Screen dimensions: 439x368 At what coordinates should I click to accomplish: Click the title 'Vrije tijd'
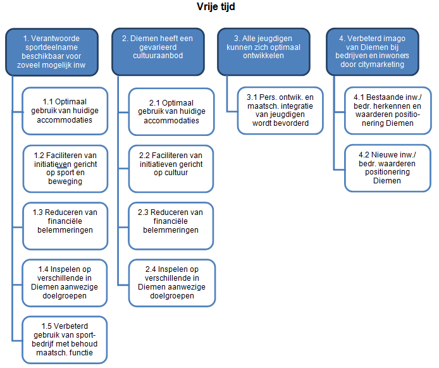tap(216, 7)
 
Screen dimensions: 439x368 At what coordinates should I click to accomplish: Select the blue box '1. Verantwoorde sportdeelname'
tap(52, 52)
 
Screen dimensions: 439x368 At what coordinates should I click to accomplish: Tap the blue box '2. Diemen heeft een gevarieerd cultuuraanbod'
tap(158, 52)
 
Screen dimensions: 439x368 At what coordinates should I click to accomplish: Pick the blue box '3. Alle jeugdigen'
tap(263, 52)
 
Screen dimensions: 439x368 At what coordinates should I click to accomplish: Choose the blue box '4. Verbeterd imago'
tap(373, 52)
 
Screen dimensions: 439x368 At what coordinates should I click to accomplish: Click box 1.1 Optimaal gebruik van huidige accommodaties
tap(65, 111)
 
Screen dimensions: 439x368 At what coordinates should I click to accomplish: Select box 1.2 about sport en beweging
tap(65, 169)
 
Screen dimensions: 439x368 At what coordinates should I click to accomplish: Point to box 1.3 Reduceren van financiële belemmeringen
tap(65, 226)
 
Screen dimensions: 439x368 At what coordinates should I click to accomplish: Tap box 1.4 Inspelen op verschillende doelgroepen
tap(65, 283)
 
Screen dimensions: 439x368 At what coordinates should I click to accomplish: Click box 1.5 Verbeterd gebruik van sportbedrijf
tap(65, 340)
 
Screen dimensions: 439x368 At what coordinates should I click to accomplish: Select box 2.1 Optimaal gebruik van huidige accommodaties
tap(171, 112)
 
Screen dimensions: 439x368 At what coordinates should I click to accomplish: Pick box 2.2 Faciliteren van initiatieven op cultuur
tap(171, 169)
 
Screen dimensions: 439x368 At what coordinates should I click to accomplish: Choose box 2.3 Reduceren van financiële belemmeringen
tap(171, 226)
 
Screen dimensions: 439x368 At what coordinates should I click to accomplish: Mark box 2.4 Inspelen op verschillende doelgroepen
tap(172, 283)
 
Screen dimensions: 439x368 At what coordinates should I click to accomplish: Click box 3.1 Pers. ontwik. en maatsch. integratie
tap(280, 111)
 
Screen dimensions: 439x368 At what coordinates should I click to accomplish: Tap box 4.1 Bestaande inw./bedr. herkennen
tap(388, 111)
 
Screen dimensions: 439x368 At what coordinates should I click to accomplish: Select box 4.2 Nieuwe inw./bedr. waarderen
tap(388, 168)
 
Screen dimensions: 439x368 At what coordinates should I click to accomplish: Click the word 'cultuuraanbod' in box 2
tap(158, 56)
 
